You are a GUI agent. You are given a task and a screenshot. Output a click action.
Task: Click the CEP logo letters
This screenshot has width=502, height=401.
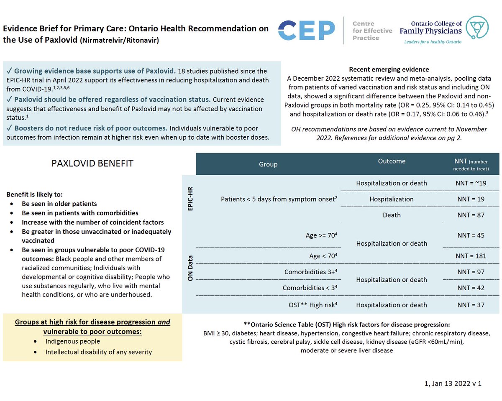pyautogui.click(x=307, y=31)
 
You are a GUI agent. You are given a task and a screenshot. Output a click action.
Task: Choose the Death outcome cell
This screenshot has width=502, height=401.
pyautogui.click(x=392, y=215)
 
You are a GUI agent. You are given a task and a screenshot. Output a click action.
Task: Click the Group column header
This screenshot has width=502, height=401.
pyautogui.click(x=268, y=164)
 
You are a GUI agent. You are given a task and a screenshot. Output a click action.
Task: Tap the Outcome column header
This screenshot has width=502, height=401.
pyautogui.click(x=392, y=161)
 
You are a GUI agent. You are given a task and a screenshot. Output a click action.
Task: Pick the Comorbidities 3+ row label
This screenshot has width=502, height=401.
pyautogui.click(x=310, y=272)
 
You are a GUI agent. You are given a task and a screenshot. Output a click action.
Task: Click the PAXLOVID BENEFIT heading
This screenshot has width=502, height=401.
pyautogui.click(x=92, y=163)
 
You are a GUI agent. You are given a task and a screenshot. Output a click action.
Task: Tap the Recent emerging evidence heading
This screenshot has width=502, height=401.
pyautogui.click(x=389, y=69)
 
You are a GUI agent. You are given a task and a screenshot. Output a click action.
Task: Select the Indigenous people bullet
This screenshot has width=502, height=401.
pyautogui.click(x=73, y=341)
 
